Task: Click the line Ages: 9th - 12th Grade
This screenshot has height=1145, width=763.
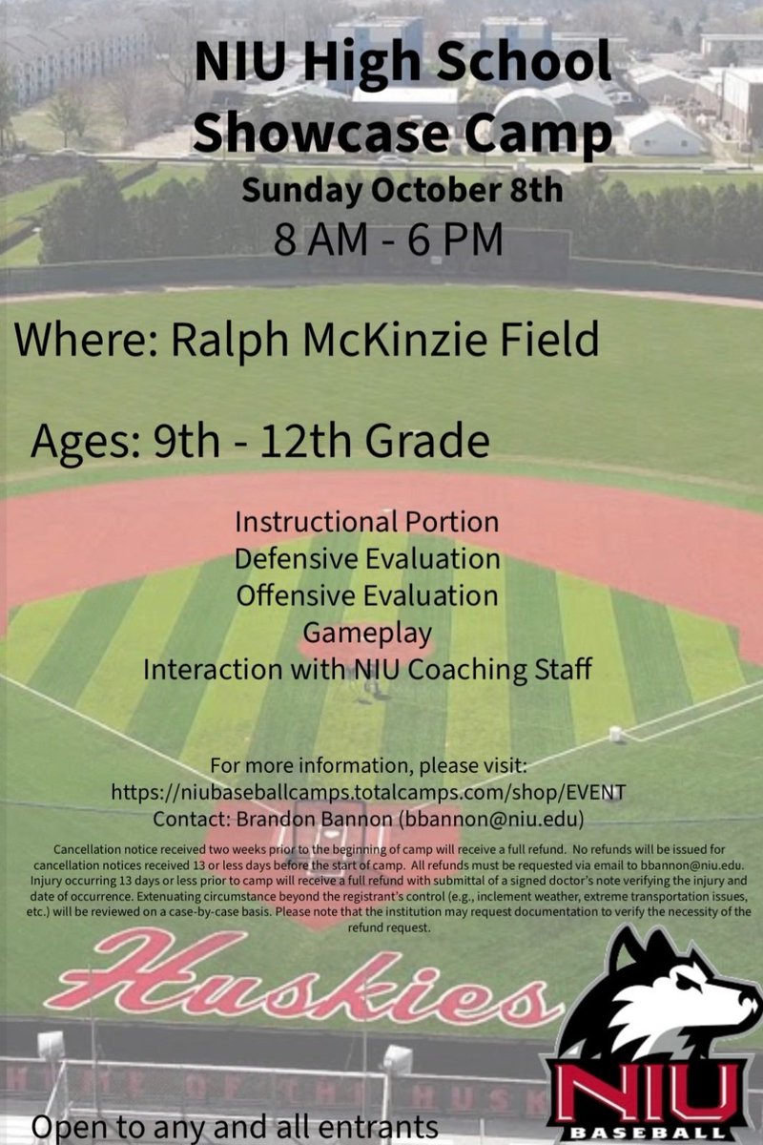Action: [x=260, y=441]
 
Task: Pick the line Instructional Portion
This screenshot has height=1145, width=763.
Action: [x=367, y=523]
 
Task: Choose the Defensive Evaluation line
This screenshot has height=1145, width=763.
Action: [x=367, y=559]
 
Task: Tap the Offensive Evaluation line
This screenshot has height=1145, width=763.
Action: [x=367, y=596]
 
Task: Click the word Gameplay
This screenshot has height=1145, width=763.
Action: [x=367, y=633]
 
